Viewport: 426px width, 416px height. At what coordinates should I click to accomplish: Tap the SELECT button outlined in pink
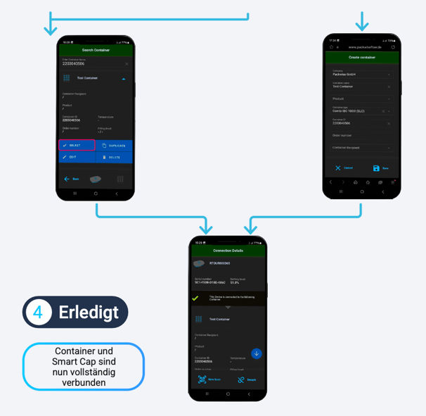(76, 146)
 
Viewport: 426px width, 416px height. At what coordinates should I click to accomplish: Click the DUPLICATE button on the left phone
(114, 146)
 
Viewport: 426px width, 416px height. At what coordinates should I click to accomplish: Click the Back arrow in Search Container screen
(71, 179)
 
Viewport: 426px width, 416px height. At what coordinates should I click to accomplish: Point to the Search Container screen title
(96, 51)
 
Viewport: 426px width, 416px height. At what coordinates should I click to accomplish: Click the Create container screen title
(362, 57)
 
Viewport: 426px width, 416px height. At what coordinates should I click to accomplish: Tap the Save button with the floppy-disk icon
(380, 168)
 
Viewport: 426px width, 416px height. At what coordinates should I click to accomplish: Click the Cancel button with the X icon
(344, 168)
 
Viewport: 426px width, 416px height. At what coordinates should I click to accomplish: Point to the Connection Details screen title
(228, 251)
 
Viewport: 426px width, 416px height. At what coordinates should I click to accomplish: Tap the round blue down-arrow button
(257, 353)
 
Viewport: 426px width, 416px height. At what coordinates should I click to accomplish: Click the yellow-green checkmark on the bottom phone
(196, 298)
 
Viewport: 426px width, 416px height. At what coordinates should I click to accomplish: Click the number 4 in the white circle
(39, 313)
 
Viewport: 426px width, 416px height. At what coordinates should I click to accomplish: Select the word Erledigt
(88, 313)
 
